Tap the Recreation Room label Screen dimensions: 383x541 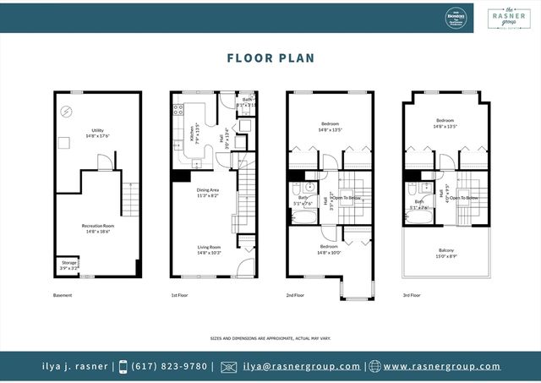point(97,227)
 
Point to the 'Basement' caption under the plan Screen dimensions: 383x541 point(63,295)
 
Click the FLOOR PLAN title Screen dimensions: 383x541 point(270,58)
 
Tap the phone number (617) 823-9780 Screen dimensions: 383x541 point(170,367)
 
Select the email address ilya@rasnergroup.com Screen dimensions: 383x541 point(302,367)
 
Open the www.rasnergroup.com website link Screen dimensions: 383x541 point(440,367)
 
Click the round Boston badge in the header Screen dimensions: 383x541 point(456,16)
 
